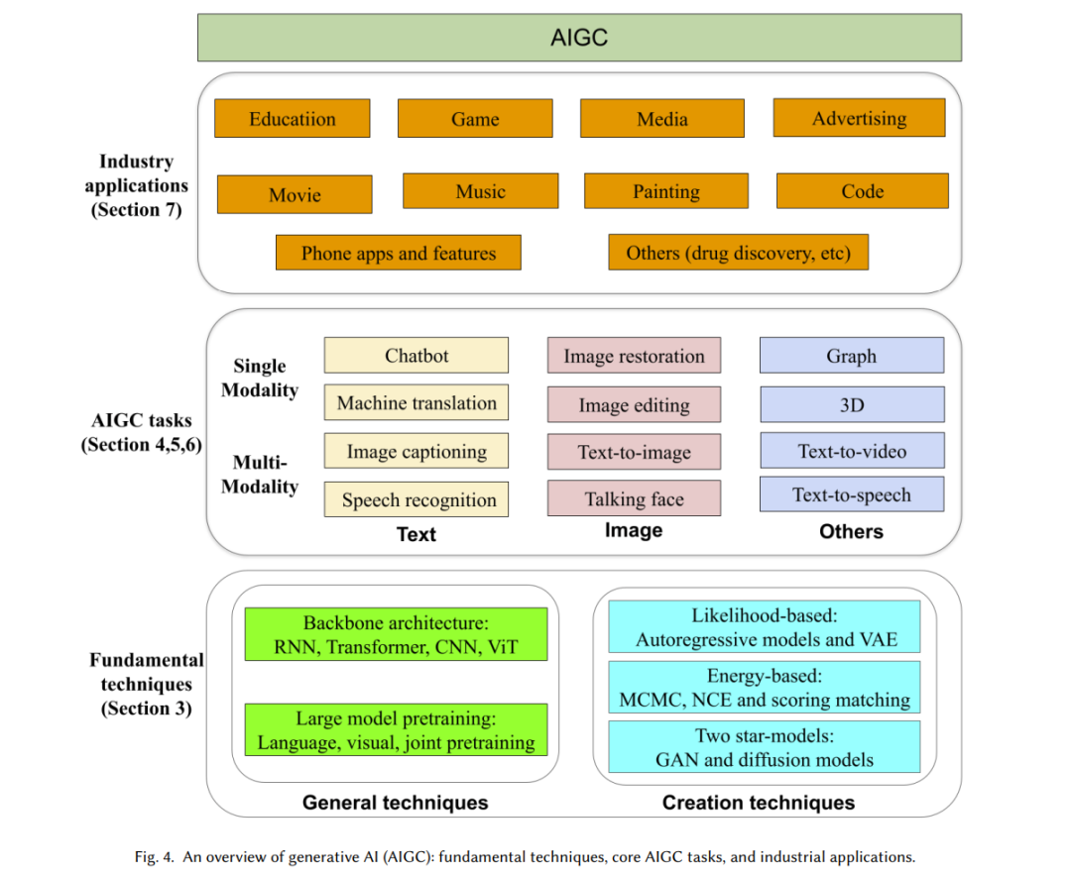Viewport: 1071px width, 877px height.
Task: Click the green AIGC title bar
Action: [579, 38]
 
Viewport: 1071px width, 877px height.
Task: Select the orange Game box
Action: [475, 118]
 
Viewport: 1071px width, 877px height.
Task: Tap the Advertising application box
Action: [859, 117]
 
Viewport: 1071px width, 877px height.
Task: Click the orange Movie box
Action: [296, 194]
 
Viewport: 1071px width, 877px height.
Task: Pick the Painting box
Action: [666, 190]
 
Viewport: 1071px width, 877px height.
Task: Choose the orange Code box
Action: [862, 190]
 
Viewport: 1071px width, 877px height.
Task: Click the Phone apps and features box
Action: [399, 253]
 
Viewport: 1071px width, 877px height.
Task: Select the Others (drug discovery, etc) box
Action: [739, 252]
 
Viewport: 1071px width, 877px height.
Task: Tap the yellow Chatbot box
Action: [416, 355]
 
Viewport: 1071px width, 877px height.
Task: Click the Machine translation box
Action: [416, 402]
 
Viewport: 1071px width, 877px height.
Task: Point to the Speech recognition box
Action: [416, 498]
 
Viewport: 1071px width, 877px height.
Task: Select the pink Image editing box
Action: [634, 404]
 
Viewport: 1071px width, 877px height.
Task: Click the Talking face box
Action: [634, 498]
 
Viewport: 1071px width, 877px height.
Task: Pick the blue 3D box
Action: [853, 404]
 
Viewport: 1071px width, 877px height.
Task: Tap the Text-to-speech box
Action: [852, 494]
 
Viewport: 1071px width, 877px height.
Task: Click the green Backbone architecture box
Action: [396, 634]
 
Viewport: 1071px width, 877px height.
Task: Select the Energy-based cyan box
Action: [765, 687]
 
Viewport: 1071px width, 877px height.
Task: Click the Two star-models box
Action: [765, 746]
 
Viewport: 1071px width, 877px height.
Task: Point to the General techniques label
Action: [396, 803]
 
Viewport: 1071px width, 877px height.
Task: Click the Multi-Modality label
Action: [260, 475]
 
